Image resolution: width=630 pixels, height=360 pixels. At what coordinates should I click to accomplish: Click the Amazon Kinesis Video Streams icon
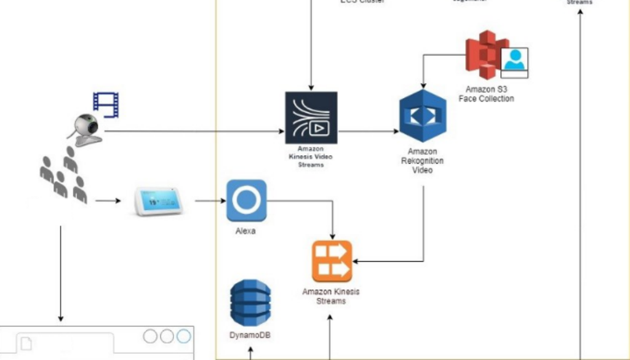311,118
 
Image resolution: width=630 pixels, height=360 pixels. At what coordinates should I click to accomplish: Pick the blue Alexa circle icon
247,200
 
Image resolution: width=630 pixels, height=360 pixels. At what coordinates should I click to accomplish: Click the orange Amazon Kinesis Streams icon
332,262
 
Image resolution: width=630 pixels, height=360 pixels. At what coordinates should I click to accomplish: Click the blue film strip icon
106,104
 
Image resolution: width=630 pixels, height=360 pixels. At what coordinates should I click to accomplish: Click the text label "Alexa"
245,231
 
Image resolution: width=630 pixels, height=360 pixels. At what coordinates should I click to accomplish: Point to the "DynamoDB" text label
249,335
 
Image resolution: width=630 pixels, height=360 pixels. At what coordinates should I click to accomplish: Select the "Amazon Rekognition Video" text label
422,161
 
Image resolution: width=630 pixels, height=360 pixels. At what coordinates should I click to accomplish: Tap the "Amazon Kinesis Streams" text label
331,296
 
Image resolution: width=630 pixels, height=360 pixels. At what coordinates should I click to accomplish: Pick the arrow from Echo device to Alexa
209,201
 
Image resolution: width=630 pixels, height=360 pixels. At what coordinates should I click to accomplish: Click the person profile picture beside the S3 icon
514,62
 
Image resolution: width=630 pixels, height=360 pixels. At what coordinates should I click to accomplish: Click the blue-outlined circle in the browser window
183,337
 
